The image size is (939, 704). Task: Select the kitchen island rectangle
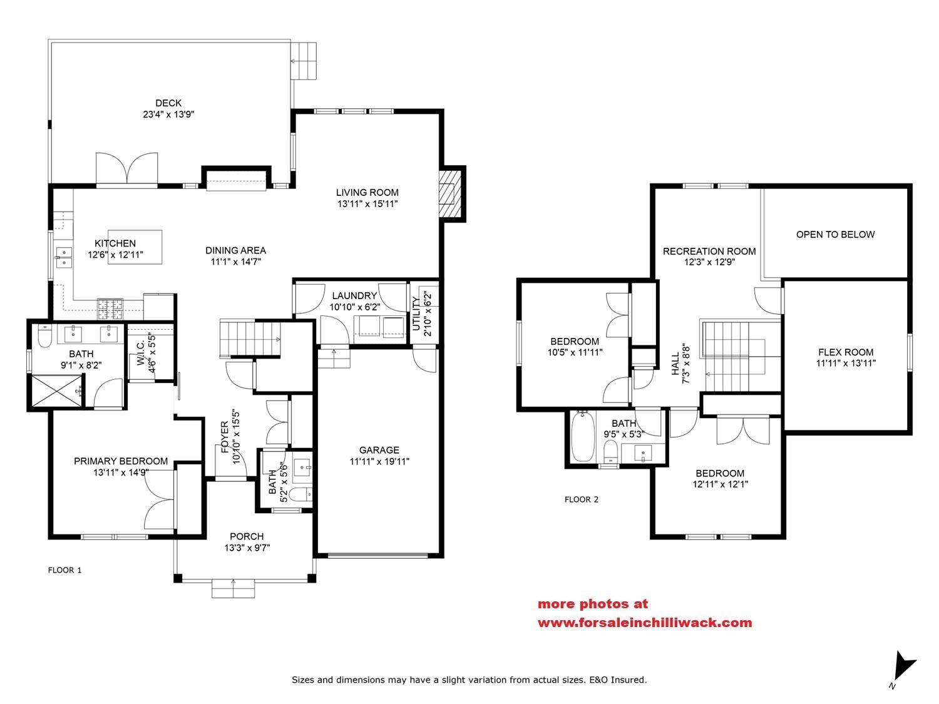point(135,247)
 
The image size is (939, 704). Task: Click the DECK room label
point(168,103)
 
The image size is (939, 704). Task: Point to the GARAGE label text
point(379,450)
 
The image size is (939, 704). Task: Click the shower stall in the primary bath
point(56,390)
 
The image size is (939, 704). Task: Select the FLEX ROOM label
point(846,352)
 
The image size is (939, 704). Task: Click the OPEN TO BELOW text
point(835,235)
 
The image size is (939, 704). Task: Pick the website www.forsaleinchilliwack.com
point(645,623)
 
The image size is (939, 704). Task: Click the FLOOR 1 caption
point(65,570)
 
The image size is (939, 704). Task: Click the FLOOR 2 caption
point(582,499)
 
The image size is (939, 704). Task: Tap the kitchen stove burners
point(110,307)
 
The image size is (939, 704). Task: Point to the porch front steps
point(233,589)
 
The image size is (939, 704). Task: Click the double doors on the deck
point(127,168)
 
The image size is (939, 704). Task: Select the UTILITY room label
point(417,313)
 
